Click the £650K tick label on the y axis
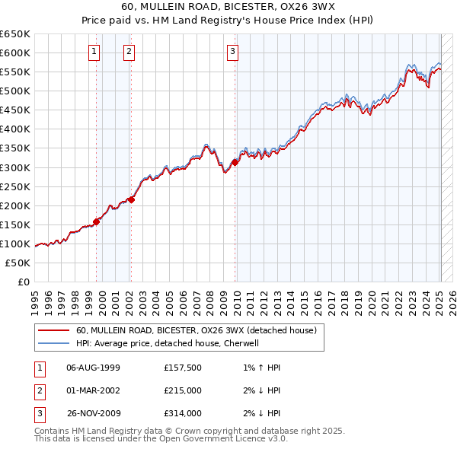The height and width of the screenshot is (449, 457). click(15, 34)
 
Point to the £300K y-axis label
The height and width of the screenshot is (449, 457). click(15, 167)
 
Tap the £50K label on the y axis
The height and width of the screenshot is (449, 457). click(18, 263)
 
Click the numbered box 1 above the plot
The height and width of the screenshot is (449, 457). click(94, 52)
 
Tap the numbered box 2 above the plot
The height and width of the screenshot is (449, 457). click(129, 52)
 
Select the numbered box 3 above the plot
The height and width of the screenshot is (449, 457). click(232, 52)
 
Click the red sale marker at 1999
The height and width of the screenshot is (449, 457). click(97, 221)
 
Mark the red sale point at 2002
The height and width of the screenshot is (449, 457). click(131, 199)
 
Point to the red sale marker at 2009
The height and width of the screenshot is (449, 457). click(235, 161)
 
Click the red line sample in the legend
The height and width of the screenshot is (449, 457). click(53, 330)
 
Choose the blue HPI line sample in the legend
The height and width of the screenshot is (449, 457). click(53, 343)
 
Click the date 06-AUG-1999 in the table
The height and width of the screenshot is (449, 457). click(94, 368)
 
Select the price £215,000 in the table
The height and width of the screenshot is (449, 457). click(183, 390)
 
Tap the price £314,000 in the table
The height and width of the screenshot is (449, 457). click(183, 413)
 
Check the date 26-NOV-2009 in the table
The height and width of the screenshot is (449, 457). click(94, 413)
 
